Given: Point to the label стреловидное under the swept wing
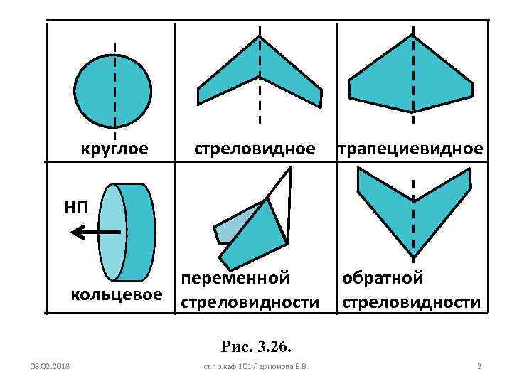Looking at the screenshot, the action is tap(255, 149).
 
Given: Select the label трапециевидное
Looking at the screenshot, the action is tap(410, 149).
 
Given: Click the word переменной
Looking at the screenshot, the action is tap(235, 278).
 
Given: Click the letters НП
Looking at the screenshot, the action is tap(76, 207).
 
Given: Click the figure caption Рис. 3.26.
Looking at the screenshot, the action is tap(257, 347).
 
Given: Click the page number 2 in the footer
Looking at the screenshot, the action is tap(479, 366).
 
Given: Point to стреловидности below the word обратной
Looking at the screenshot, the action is tap(412, 303).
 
